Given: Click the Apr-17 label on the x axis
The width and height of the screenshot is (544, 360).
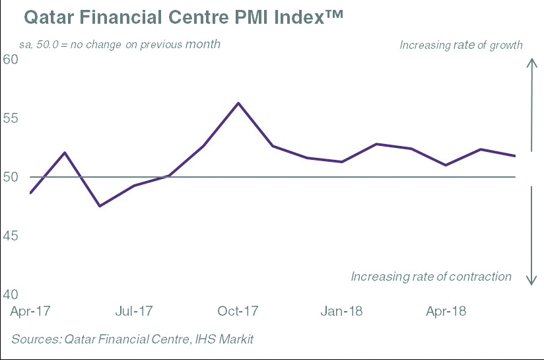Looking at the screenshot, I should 30,310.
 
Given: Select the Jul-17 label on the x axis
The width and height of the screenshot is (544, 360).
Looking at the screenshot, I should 134,310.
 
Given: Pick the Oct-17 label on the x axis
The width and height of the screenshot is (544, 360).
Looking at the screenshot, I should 238,310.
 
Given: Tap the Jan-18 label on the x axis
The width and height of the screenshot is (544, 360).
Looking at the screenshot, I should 341,310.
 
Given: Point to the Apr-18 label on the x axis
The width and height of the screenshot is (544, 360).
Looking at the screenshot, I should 446,310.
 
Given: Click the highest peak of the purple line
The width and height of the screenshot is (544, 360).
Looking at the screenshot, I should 238,103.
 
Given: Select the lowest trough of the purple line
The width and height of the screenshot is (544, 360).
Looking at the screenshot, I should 100,206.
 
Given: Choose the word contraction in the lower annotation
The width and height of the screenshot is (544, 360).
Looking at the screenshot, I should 481,277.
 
